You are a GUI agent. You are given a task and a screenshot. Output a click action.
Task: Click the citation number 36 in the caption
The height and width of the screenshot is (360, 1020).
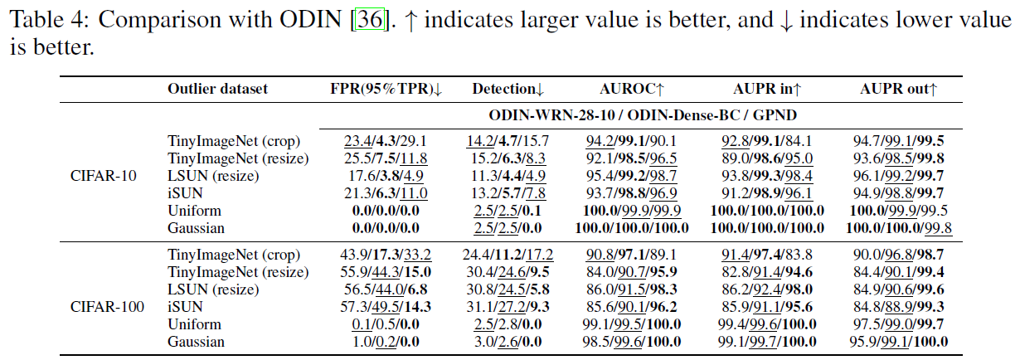[x=370, y=20]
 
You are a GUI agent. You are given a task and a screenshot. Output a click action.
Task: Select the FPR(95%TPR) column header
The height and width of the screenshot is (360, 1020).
[x=386, y=89]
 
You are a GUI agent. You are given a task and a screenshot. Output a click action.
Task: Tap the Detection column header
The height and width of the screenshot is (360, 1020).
[x=508, y=89]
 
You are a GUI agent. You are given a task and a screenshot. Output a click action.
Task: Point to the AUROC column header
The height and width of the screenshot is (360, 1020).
[x=632, y=89]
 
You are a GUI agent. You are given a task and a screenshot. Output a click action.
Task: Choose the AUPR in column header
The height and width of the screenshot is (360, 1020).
[x=767, y=89]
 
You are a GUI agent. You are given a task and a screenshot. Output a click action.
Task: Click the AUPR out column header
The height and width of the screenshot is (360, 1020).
[x=899, y=89]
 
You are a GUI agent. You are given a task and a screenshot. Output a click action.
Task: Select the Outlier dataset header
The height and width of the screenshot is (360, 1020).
[x=217, y=89]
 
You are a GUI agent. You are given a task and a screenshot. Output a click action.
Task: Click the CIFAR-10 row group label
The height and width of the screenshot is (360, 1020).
[x=104, y=176]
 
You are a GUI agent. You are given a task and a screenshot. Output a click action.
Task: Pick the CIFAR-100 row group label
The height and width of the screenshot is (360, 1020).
[x=107, y=307]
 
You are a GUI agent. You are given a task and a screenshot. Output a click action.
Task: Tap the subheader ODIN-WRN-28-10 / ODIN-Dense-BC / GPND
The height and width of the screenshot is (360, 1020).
[x=643, y=115]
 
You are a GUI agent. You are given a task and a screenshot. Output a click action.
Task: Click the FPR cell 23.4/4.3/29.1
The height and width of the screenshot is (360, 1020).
[x=386, y=141]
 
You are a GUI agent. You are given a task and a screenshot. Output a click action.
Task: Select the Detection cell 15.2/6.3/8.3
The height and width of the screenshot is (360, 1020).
[x=508, y=158]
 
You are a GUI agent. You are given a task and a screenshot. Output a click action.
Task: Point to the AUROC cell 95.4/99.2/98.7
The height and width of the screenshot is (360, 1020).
[x=632, y=176]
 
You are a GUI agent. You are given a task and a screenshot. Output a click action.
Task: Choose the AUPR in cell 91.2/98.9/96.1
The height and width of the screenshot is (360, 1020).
[x=767, y=193]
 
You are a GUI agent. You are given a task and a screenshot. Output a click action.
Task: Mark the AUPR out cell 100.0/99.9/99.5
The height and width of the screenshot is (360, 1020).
[x=899, y=211]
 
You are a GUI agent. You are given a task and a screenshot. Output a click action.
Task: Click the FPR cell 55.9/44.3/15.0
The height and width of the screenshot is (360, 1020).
[x=386, y=272]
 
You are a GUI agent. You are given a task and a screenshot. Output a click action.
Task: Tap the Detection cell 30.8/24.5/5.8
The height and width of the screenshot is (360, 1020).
[x=508, y=289]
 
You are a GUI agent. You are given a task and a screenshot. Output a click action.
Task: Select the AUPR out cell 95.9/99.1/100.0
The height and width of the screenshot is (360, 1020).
[x=899, y=342]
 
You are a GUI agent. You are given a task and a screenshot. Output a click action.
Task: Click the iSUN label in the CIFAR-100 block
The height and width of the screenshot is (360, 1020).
[x=185, y=307]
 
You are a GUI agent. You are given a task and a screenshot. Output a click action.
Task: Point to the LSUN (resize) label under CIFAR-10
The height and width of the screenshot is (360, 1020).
[x=213, y=176]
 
